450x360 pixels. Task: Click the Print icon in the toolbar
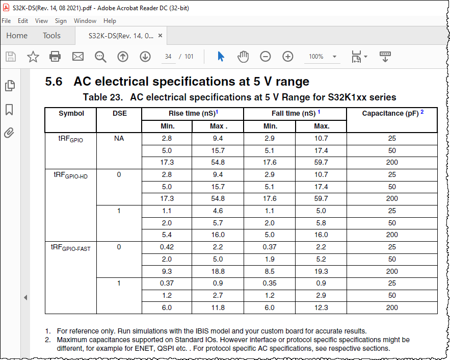[x=56, y=57]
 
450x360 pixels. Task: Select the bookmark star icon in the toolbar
[x=33, y=57]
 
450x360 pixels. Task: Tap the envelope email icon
[x=78, y=57]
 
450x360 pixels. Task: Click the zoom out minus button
[x=266, y=57]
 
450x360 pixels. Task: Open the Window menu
[x=85, y=21]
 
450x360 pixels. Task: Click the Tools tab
[x=51, y=36]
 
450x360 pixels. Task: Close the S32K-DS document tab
[x=161, y=36]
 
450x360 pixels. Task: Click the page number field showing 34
[x=168, y=57]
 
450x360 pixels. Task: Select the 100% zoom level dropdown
[x=323, y=57]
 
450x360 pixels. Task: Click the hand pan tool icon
[x=243, y=57]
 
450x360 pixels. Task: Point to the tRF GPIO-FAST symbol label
[x=70, y=248]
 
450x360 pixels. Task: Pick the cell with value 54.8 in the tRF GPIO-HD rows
[x=218, y=198]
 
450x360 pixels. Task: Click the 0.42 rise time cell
[x=167, y=247]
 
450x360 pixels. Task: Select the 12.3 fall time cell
[x=321, y=307]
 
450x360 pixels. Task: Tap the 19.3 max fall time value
[x=321, y=271]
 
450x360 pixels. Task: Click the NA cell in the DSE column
[x=119, y=138]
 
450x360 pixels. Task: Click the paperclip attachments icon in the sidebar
[x=9, y=133]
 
